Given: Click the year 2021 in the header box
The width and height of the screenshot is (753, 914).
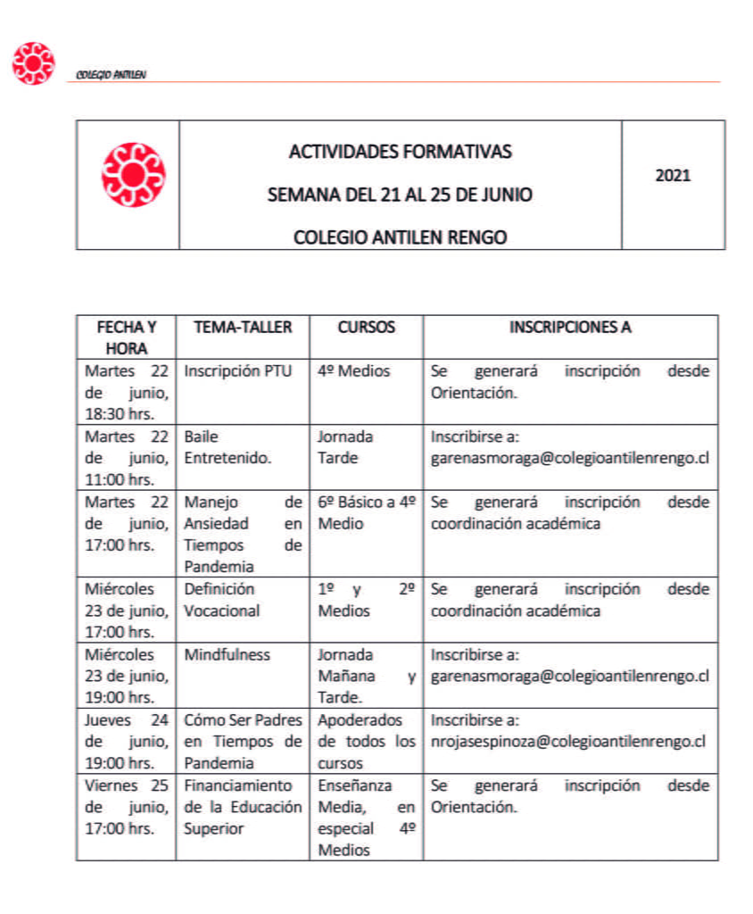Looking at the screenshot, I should tap(673, 176).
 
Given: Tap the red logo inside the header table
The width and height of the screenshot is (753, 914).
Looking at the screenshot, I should tap(133, 176).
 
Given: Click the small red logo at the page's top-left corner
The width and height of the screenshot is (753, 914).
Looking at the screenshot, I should tap(34, 63).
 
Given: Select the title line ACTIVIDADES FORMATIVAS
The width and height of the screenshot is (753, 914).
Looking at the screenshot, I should tap(400, 152).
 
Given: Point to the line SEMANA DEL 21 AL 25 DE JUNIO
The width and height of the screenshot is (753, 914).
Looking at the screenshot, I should tap(400, 195).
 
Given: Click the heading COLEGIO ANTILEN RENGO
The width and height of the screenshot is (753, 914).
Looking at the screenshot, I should tap(400, 237).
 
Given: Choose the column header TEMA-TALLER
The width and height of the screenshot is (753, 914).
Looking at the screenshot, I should tap(243, 328).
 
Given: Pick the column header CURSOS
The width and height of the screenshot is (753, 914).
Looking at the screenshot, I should tap(366, 328).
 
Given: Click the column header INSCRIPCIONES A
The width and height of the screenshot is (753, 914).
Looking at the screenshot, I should tap(570, 328).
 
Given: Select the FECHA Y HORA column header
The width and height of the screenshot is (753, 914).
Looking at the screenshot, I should tap(126, 337).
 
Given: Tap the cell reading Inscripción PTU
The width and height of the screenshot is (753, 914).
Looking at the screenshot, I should tap(237, 371).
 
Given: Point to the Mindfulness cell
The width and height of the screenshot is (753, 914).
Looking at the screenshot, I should tap(227, 655).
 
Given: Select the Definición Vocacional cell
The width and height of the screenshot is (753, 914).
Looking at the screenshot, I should tap(222, 600).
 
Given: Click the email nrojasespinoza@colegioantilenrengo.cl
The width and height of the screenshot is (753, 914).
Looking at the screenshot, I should tap(568, 742).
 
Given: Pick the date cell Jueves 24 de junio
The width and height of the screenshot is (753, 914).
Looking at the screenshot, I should tap(126, 742).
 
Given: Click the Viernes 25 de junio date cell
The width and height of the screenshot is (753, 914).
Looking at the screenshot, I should tap(126, 807).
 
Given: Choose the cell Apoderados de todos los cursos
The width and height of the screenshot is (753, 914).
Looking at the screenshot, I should tap(366, 742).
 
